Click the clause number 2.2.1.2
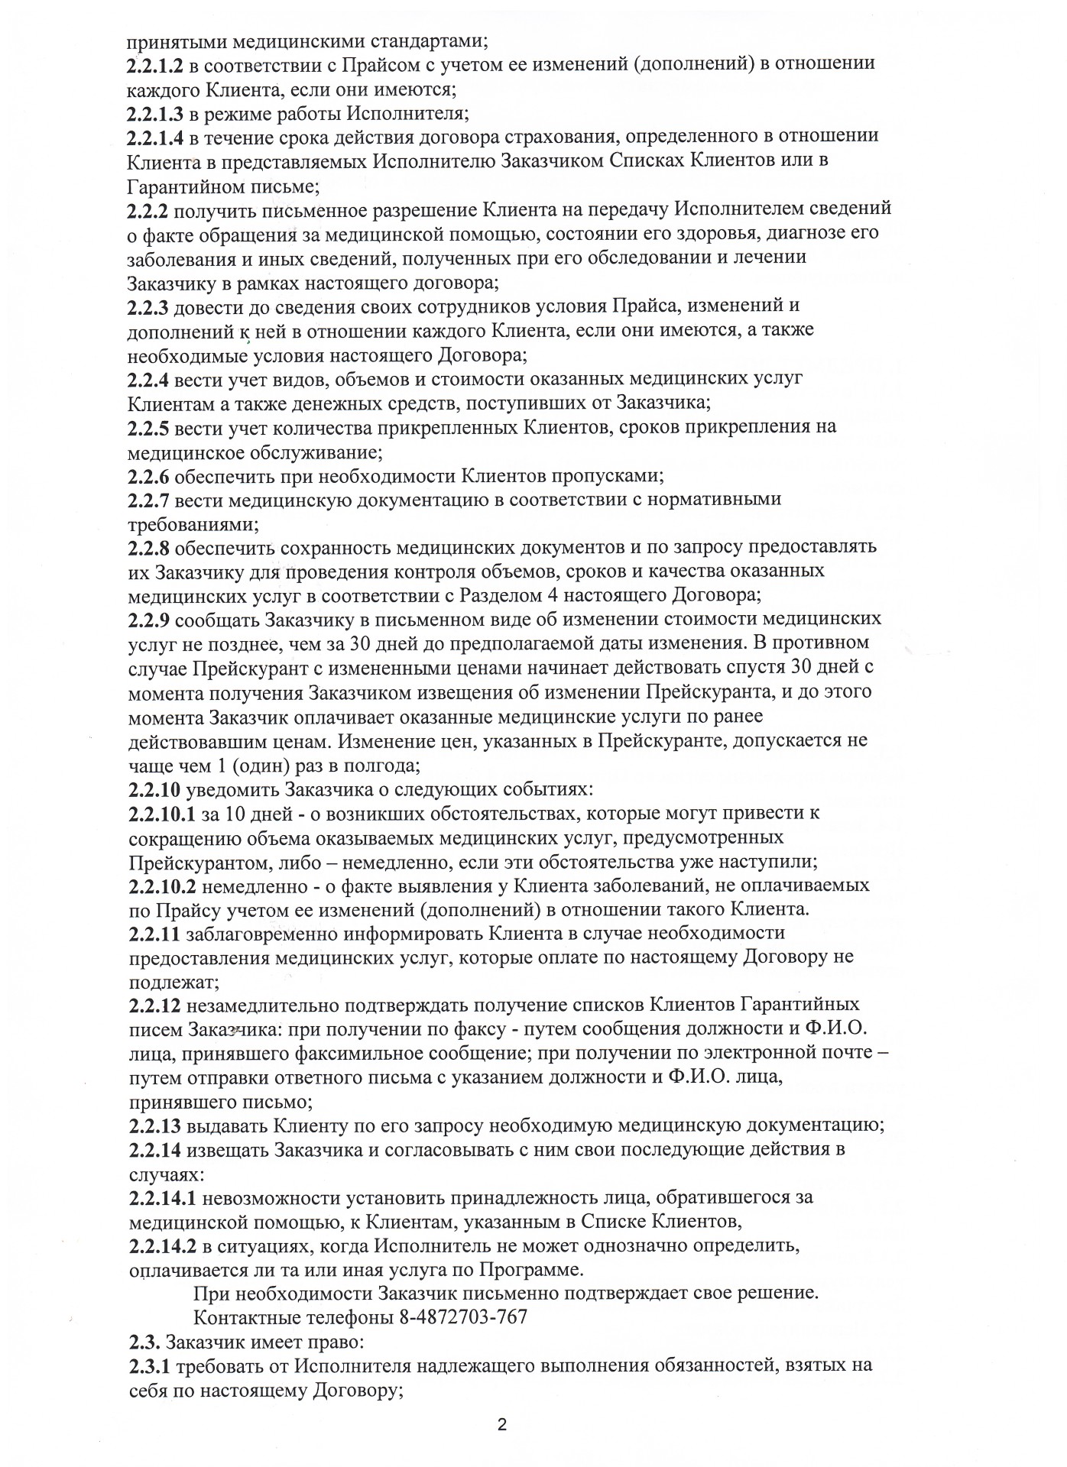tap(155, 64)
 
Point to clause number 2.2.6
tap(148, 476)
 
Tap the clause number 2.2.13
tap(155, 1125)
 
